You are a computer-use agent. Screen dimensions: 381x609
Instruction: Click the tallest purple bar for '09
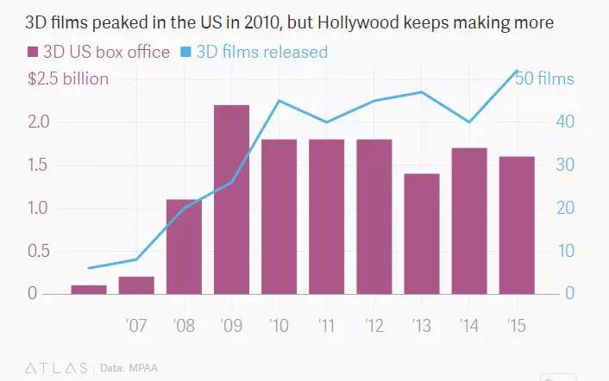click(x=231, y=199)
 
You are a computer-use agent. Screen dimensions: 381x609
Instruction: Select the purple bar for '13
click(x=422, y=234)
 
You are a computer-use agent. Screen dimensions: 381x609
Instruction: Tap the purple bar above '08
click(x=184, y=247)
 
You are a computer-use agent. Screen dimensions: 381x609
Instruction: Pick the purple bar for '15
click(x=517, y=225)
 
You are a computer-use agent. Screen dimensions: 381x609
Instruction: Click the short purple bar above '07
click(x=136, y=285)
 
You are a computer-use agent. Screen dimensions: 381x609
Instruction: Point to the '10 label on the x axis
click(x=279, y=327)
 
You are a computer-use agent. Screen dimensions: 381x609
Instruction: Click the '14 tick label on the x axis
click(x=468, y=327)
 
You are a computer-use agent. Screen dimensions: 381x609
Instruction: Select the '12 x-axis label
click(x=374, y=327)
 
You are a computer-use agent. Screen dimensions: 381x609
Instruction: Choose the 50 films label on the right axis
click(x=544, y=79)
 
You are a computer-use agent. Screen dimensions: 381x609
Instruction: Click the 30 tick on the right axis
click(x=564, y=165)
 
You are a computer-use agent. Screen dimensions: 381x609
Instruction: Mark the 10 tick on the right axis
click(x=564, y=251)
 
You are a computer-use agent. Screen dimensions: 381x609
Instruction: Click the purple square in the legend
click(x=35, y=53)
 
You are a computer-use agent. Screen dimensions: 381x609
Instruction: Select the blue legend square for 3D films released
click(x=186, y=53)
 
